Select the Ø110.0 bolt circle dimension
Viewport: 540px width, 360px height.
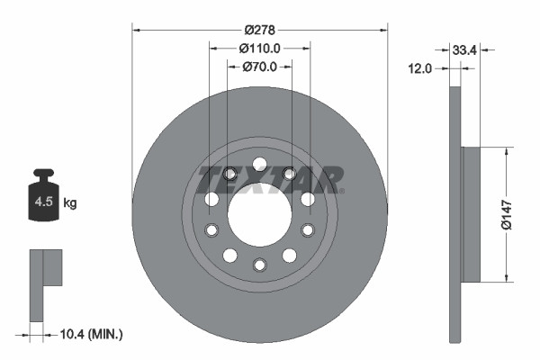pos(260,49)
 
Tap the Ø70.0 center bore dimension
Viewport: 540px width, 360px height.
pos(260,66)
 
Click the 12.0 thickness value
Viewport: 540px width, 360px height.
pos(420,67)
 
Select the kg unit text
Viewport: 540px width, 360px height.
pos(70,203)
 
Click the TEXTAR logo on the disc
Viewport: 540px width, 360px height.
pos(270,179)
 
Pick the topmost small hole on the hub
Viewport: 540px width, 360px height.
pos(259,163)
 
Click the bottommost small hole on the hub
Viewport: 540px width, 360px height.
pos(259,265)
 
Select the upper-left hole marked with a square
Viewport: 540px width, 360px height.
pos(229,174)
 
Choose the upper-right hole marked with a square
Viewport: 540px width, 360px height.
pos(289,174)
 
